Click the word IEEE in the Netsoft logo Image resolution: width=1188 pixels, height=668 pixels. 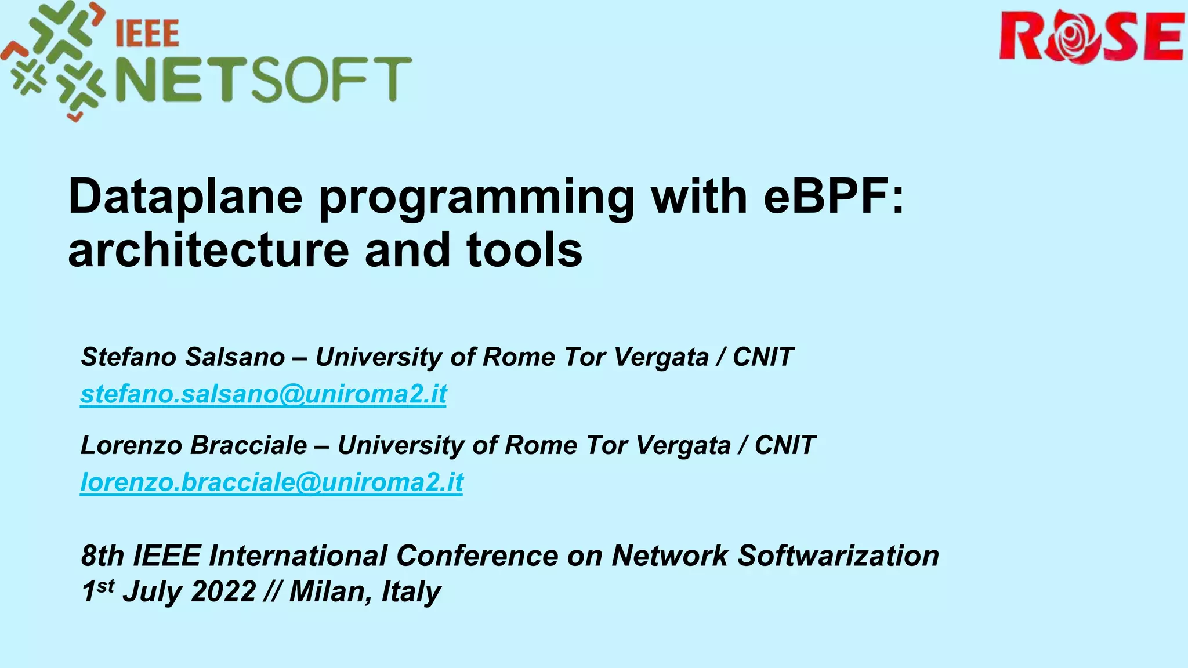pos(147,34)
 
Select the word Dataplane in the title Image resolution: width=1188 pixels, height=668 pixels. pos(185,197)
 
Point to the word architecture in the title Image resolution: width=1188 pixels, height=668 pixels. pos(208,250)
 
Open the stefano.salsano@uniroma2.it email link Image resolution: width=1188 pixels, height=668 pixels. pos(263,394)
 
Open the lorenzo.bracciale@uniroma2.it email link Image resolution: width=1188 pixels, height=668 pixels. pos(271,482)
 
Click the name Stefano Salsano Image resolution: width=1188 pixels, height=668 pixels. pos(183,357)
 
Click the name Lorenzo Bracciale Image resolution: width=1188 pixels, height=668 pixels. pos(194,445)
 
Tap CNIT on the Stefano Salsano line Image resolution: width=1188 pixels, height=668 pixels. pos(762,357)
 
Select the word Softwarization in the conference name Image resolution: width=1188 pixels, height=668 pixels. pos(838,556)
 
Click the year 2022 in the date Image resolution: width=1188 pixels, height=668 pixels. pos(223,591)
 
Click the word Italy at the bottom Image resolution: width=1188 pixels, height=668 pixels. pos(411,591)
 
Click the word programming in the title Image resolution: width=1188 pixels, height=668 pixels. pos(476,197)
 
